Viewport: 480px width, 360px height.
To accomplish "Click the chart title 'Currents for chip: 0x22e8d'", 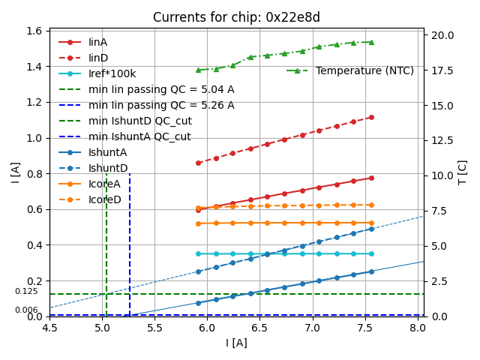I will point(236,17).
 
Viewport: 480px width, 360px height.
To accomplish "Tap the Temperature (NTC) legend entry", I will point(364,70).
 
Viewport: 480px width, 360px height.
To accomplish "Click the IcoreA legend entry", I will point(104,184).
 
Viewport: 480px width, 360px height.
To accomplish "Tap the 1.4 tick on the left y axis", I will point(34,67).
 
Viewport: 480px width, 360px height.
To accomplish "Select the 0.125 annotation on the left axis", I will point(26,292).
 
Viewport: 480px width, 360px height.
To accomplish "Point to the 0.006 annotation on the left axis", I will point(26,310).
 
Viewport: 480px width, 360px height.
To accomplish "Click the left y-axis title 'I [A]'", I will point(15,172).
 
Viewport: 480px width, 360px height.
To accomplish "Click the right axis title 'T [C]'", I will point(463,172).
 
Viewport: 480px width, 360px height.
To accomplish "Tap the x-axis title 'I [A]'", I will point(236,343).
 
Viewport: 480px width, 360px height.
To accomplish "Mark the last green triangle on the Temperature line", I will point(371,42).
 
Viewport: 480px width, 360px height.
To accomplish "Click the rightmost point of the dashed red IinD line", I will point(371,117).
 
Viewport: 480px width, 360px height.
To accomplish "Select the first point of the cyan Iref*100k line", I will point(198,253).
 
